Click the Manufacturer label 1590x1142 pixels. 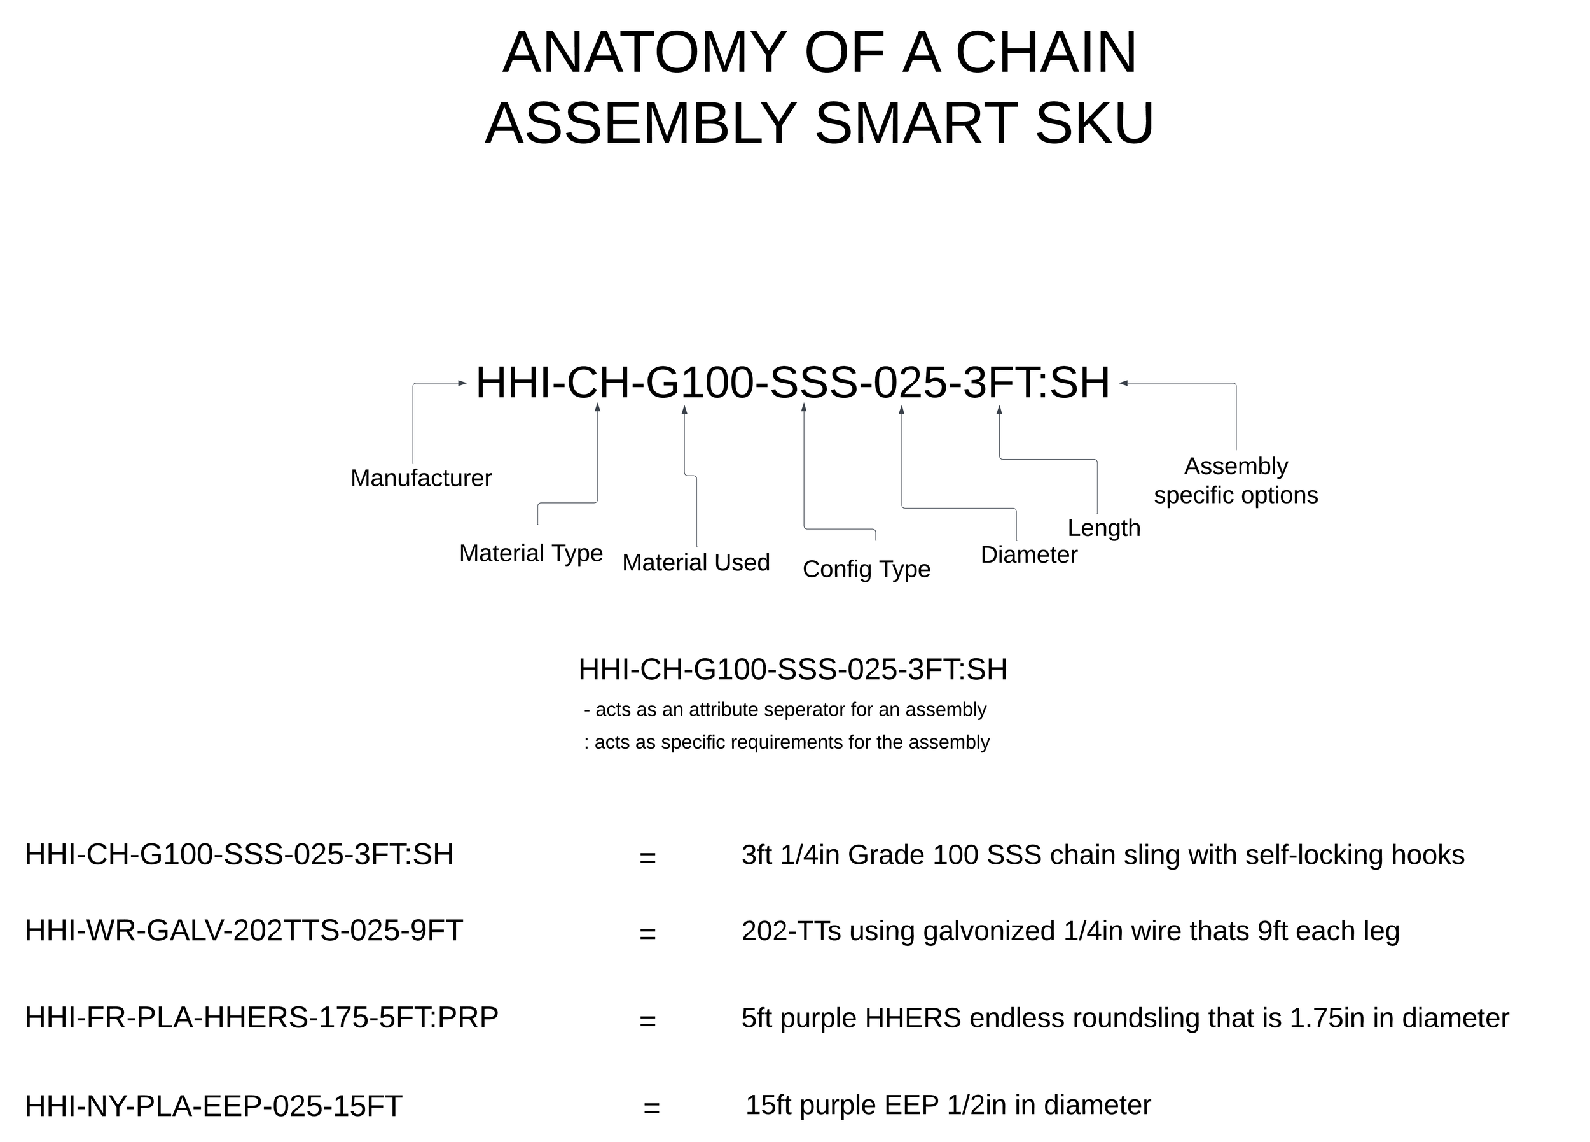[420, 479]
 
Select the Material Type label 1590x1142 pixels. [530, 553]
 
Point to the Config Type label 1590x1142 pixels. [866, 569]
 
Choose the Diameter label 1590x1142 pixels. [1028, 555]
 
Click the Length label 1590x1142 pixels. [1103, 528]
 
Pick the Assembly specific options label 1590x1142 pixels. [1235, 481]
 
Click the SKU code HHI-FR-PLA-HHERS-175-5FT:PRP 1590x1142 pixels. [261, 1017]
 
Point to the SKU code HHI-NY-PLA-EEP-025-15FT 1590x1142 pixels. [213, 1106]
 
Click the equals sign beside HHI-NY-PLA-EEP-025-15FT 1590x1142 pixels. [651, 1108]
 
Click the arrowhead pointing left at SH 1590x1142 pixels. [1123, 383]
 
